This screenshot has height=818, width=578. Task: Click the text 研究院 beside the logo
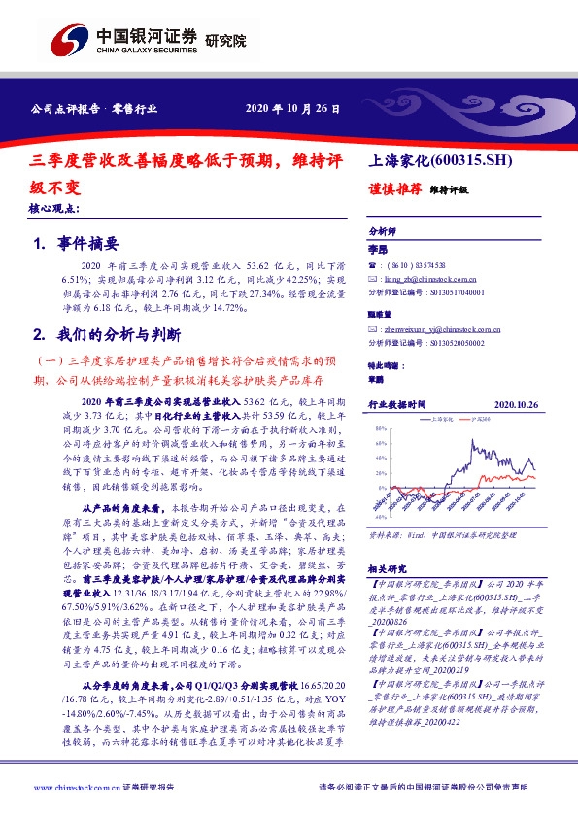pyautogui.click(x=226, y=41)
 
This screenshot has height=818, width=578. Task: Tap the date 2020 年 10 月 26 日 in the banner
pyautogui.click(x=292, y=107)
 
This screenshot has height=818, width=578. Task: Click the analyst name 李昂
pyautogui.click(x=377, y=249)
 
